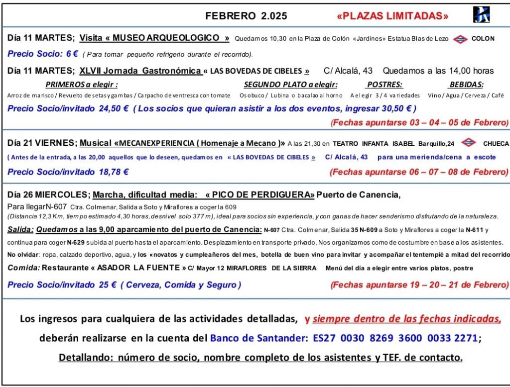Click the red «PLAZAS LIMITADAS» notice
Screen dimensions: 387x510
(392, 16)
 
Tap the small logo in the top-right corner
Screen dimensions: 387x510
(481, 14)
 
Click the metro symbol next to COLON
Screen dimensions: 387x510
(460, 38)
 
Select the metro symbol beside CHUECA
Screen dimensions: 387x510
(468, 143)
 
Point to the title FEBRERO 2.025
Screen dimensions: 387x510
(246, 16)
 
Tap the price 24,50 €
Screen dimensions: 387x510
(113, 108)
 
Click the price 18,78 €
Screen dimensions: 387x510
(112, 172)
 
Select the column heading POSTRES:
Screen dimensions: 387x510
(384, 85)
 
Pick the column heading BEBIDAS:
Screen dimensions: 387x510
(466, 85)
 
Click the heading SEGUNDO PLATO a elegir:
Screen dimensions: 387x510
(291, 85)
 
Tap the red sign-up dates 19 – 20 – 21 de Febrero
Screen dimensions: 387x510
(419, 285)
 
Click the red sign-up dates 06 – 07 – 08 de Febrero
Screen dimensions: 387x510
(419, 172)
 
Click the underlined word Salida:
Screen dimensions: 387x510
(20, 229)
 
